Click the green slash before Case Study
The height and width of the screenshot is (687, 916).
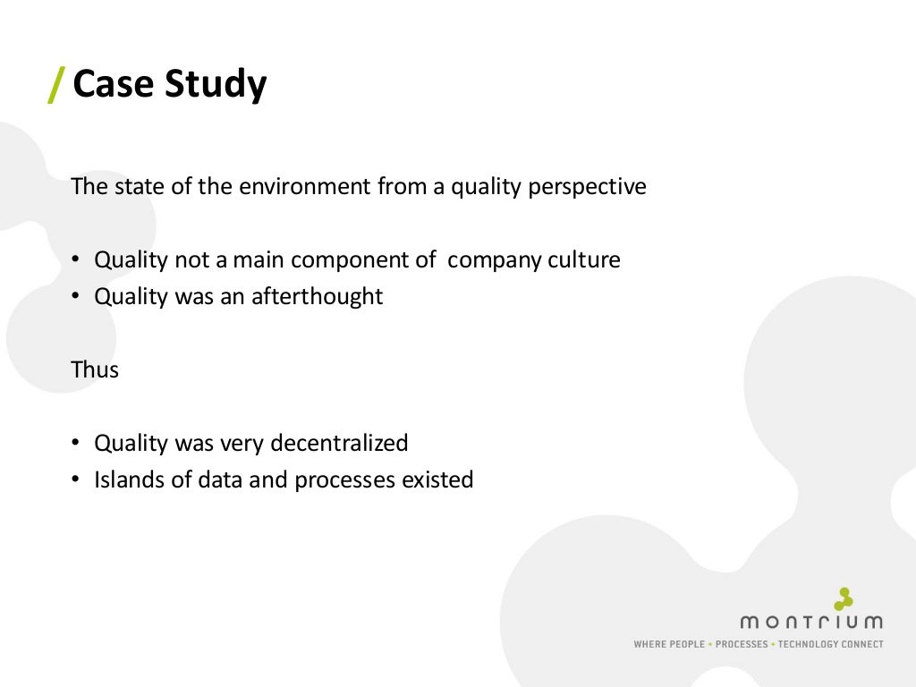click(55, 85)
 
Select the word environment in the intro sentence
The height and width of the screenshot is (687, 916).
click(307, 187)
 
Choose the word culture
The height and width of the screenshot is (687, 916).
click(583, 260)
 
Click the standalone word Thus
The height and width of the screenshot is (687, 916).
click(95, 369)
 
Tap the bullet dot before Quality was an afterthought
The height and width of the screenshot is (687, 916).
click(77, 298)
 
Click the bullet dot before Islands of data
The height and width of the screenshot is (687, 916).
click(77, 480)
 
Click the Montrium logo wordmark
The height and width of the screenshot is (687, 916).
click(810, 622)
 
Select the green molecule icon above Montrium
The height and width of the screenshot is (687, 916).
click(843, 598)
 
